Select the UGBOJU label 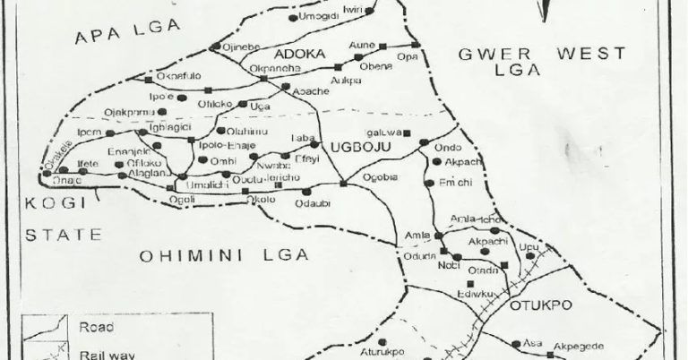tap(357, 146)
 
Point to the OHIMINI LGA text tap(224, 255)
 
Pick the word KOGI tap(53, 202)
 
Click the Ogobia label tap(380, 176)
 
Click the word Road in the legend tap(96, 327)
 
